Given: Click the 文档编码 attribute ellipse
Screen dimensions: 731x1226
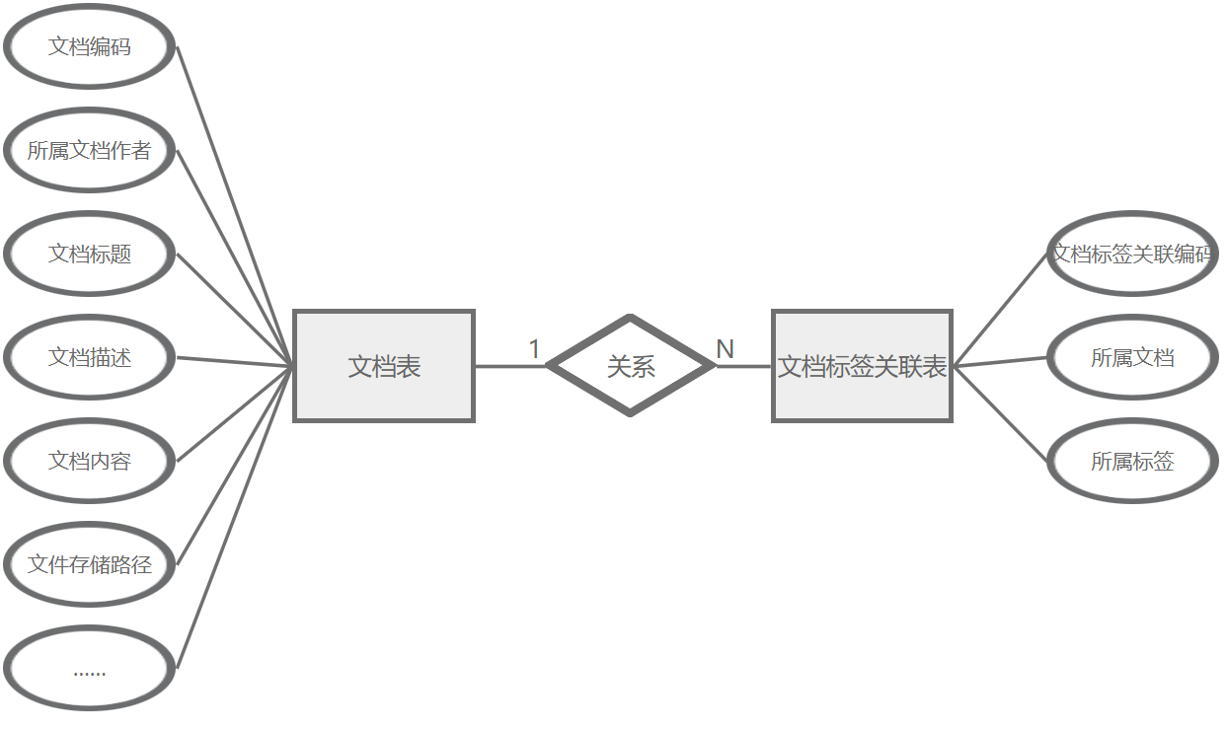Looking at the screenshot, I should tap(89, 46).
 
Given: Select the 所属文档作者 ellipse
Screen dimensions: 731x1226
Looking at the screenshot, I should tap(89, 151).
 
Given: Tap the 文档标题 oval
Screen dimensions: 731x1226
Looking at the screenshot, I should tap(89, 254).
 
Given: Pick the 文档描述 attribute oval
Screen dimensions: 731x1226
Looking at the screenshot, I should tap(89, 357).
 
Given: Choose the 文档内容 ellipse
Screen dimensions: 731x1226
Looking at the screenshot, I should tap(89, 461).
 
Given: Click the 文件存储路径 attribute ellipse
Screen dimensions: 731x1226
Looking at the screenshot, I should tap(89, 564).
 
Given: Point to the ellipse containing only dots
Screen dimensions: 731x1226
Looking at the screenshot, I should tap(89, 668).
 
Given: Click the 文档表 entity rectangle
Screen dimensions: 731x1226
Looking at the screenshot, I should tap(384, 366).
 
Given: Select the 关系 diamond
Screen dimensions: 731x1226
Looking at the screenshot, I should tap(630, 366).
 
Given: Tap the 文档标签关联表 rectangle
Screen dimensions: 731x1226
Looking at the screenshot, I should tap(862, 366).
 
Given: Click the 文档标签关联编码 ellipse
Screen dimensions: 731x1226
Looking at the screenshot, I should tap(1131, 254).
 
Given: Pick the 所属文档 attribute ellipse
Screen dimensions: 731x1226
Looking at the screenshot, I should tap(1131, 357).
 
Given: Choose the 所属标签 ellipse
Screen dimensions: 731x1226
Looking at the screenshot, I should tap(1131, 461).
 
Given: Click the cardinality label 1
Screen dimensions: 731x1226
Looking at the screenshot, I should tap(534, 349).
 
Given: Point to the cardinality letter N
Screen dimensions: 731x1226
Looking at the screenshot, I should tap(725, 349).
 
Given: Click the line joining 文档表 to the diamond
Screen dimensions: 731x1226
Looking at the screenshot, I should tap(509, 366).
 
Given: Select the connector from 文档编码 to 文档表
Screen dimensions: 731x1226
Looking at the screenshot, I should tap(235, 206).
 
